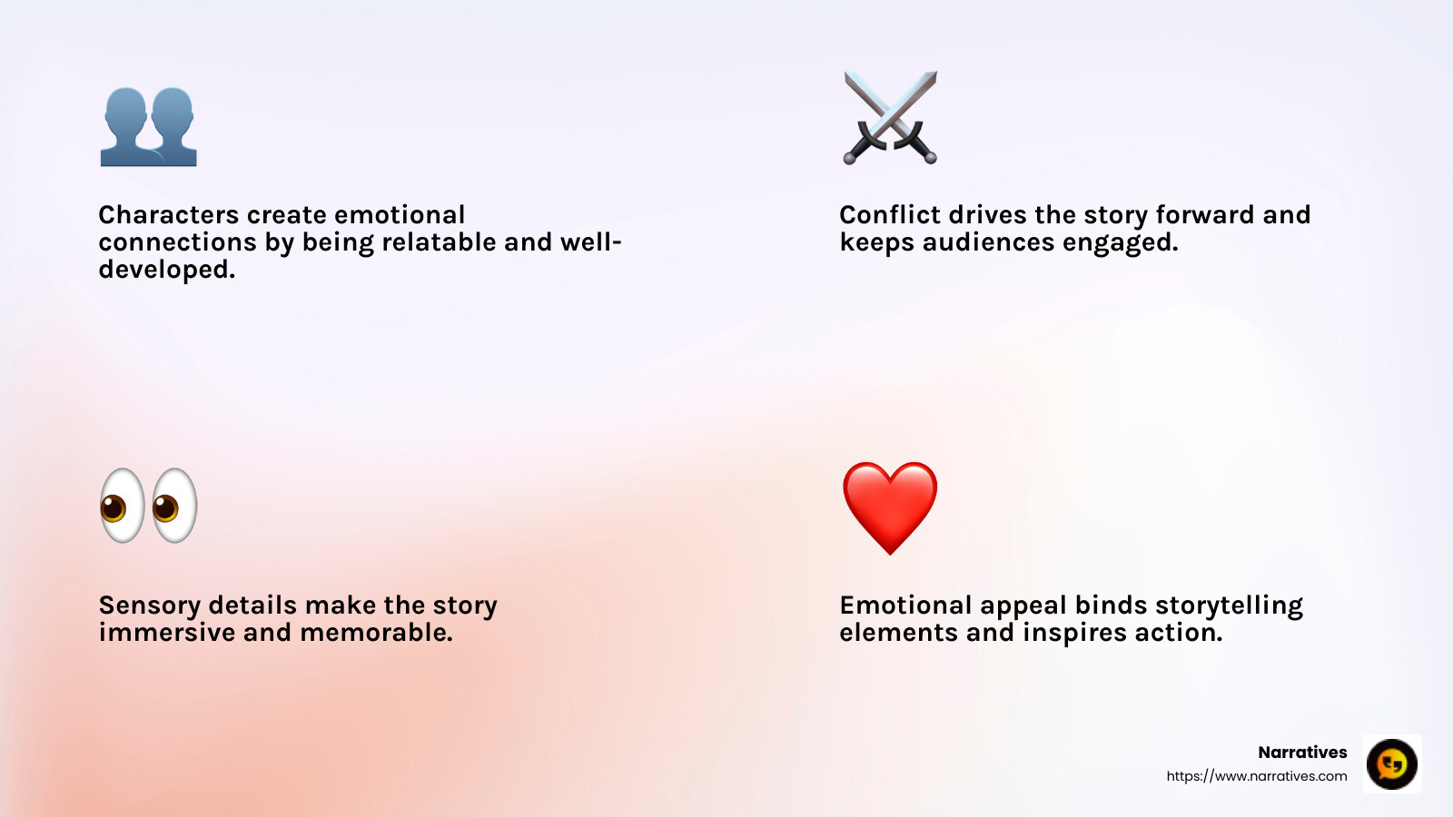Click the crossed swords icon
point(890,118)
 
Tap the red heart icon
point(890,506)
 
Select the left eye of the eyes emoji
point(122,506)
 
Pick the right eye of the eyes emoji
point(174,506)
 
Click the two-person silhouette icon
point(148,127)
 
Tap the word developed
point(166,270)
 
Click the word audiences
point(988,242)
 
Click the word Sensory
point(150,605)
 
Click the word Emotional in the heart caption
point(905,605)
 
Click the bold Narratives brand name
point(1302,752)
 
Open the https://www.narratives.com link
point(1257,776)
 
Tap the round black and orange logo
point(1391,763)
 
